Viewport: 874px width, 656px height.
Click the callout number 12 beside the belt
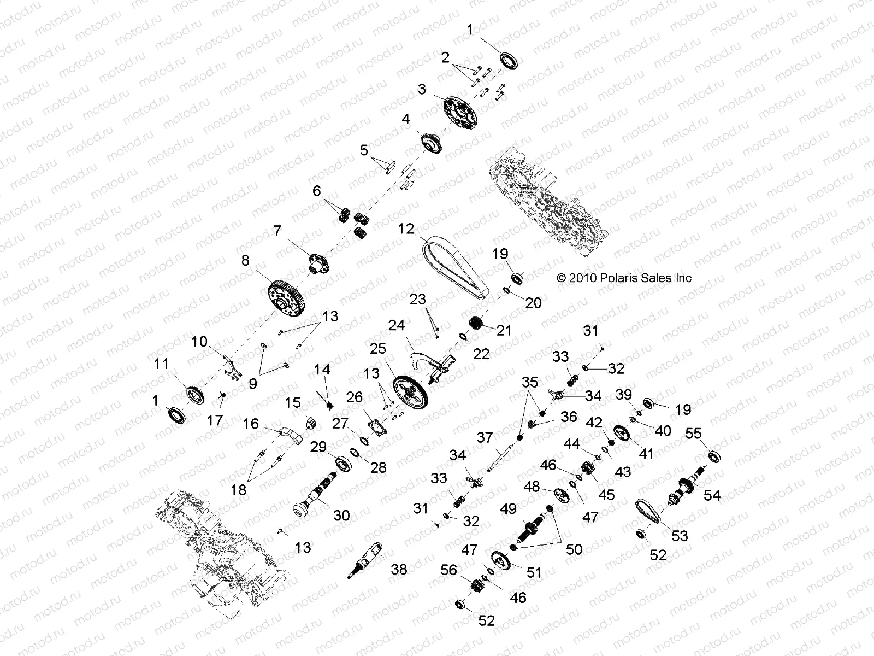(406, 229)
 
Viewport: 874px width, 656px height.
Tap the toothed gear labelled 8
(286, 298)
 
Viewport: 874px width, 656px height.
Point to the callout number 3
(422, 89)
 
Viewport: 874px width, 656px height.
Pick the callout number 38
(399, 569)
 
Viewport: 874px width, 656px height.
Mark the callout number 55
(693, 434)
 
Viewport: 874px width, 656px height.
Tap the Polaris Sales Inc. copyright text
(625, 278)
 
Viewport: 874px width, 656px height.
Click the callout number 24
(396, 326)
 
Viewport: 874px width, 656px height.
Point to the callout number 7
(277, 231)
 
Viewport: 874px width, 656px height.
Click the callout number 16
(251, 424)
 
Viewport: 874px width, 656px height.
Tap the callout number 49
(508, 509)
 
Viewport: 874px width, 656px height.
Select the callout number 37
(485, 437)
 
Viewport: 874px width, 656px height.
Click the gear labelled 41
(622, 435)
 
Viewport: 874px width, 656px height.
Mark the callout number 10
(199, 342)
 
